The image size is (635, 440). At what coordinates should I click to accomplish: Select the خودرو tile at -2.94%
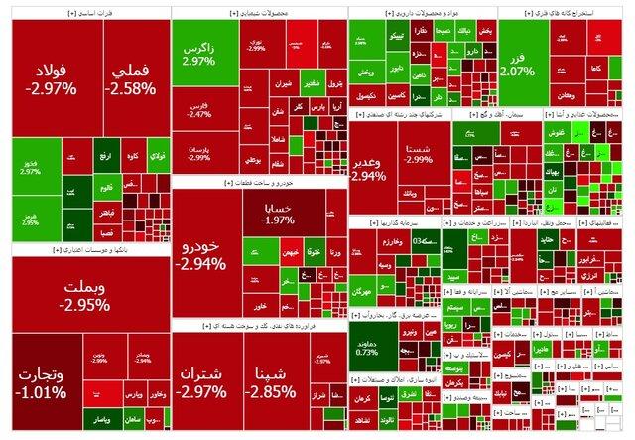click(x=199, y=256)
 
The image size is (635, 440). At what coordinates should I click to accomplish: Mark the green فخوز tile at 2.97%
click(x=30, y=165)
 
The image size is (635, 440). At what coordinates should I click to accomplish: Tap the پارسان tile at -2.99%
click(x=199, y=154)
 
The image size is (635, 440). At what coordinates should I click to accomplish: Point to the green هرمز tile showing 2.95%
click(x=30, y=220)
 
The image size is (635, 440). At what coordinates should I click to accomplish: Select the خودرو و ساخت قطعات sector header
click(x=259, y=182)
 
